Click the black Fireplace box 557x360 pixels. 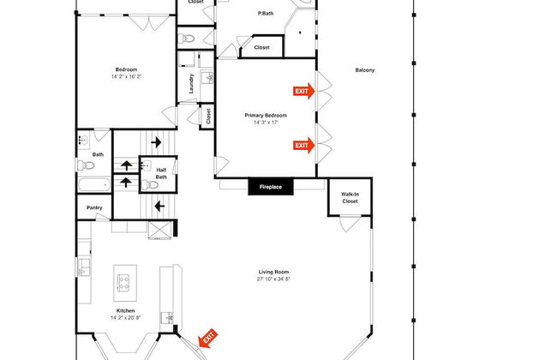tap(271, 187)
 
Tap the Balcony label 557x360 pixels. tap(365, 70)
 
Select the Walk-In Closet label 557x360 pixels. tap(350, 198)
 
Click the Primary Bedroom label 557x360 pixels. tap(266, 115)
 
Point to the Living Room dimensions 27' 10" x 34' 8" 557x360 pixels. tap(273, 279)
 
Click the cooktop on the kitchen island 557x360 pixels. tap(123, 283)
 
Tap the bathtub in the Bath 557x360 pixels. tap(94, 185)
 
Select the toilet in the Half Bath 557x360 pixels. tap(150, 185)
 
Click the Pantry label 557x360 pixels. tap(94, 207)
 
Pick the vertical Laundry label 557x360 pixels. tap(191, 83)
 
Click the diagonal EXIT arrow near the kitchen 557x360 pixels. tap(208, 338)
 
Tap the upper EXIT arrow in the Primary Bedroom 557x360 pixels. tap(303, 91)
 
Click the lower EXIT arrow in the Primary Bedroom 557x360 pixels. tap(303, 146)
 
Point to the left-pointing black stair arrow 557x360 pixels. tap(159, 206)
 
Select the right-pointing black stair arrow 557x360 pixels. tap(156, 142)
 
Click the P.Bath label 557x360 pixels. tap(266, 14)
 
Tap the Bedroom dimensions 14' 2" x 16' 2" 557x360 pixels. tap(127, 76)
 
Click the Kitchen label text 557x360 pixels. tap(125, 310)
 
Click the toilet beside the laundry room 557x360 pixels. tap(186, 38)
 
